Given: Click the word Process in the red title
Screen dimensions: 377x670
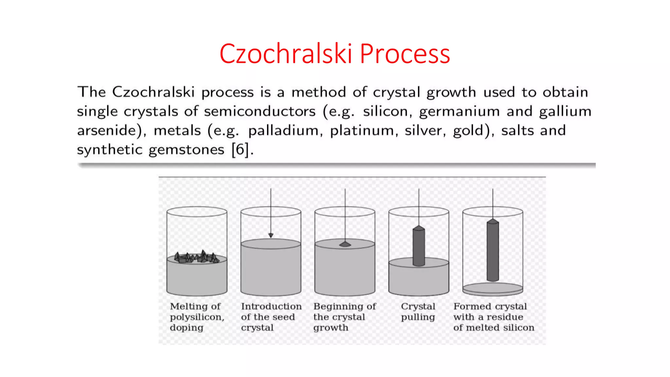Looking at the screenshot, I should pyautogui.click(x=405, y=54).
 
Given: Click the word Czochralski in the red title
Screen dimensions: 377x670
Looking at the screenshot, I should pyautogui.click(x=286, y=54).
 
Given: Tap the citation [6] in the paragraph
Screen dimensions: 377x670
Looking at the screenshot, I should pyautogui.click(x=242, y=150).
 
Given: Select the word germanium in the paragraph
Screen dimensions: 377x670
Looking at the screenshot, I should pyautogui.click(x=459, y=112).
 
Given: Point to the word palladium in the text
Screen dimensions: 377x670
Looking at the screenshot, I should pyautogui.click(x=283, y=131).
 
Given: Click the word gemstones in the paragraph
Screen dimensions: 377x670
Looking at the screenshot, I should pyautogui.click(x=186, y=150).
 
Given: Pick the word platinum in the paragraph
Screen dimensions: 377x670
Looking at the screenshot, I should pyautogui.click(x=363, y=131).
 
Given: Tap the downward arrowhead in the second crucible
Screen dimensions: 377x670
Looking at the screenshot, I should pyautogui.click(x=271, y=235).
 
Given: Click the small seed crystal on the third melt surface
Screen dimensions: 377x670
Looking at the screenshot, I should pyautogui.click(x=345, y=244).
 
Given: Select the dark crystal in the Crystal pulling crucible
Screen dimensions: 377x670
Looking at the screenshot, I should pyautogui.click(x=419, y=246).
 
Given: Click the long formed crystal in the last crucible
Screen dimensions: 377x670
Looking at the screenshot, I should pyautogui.click(x=493, y=250).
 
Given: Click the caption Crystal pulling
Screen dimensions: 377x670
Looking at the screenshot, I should pyautogui.click(x=418, y=312).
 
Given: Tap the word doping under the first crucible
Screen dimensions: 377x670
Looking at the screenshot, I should pyautogui.click(x=186, y=328).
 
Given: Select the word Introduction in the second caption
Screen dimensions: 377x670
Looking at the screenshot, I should pyautogui.click(x=271, y=306).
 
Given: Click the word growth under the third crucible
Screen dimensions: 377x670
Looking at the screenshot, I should pyautogui.click(x=331, y=328).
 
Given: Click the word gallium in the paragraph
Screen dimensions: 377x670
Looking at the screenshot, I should pyautogui.click(x=565, y=112).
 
